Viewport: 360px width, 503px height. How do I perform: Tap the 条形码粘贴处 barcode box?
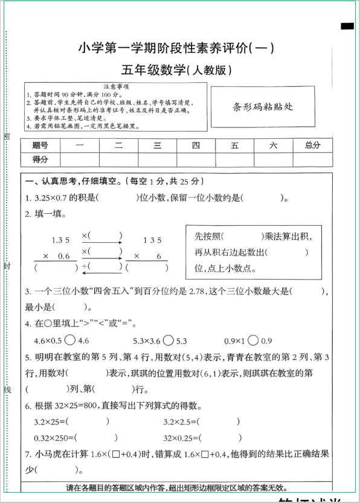263,106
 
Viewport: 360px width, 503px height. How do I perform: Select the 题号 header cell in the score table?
40,145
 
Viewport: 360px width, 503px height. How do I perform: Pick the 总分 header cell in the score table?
312,145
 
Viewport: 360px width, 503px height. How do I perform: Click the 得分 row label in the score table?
40,159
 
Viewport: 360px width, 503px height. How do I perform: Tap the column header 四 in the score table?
196,145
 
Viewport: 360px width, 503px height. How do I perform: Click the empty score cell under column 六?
273,159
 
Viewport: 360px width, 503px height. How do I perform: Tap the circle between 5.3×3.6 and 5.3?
169,340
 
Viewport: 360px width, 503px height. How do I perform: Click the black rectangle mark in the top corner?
347,26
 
